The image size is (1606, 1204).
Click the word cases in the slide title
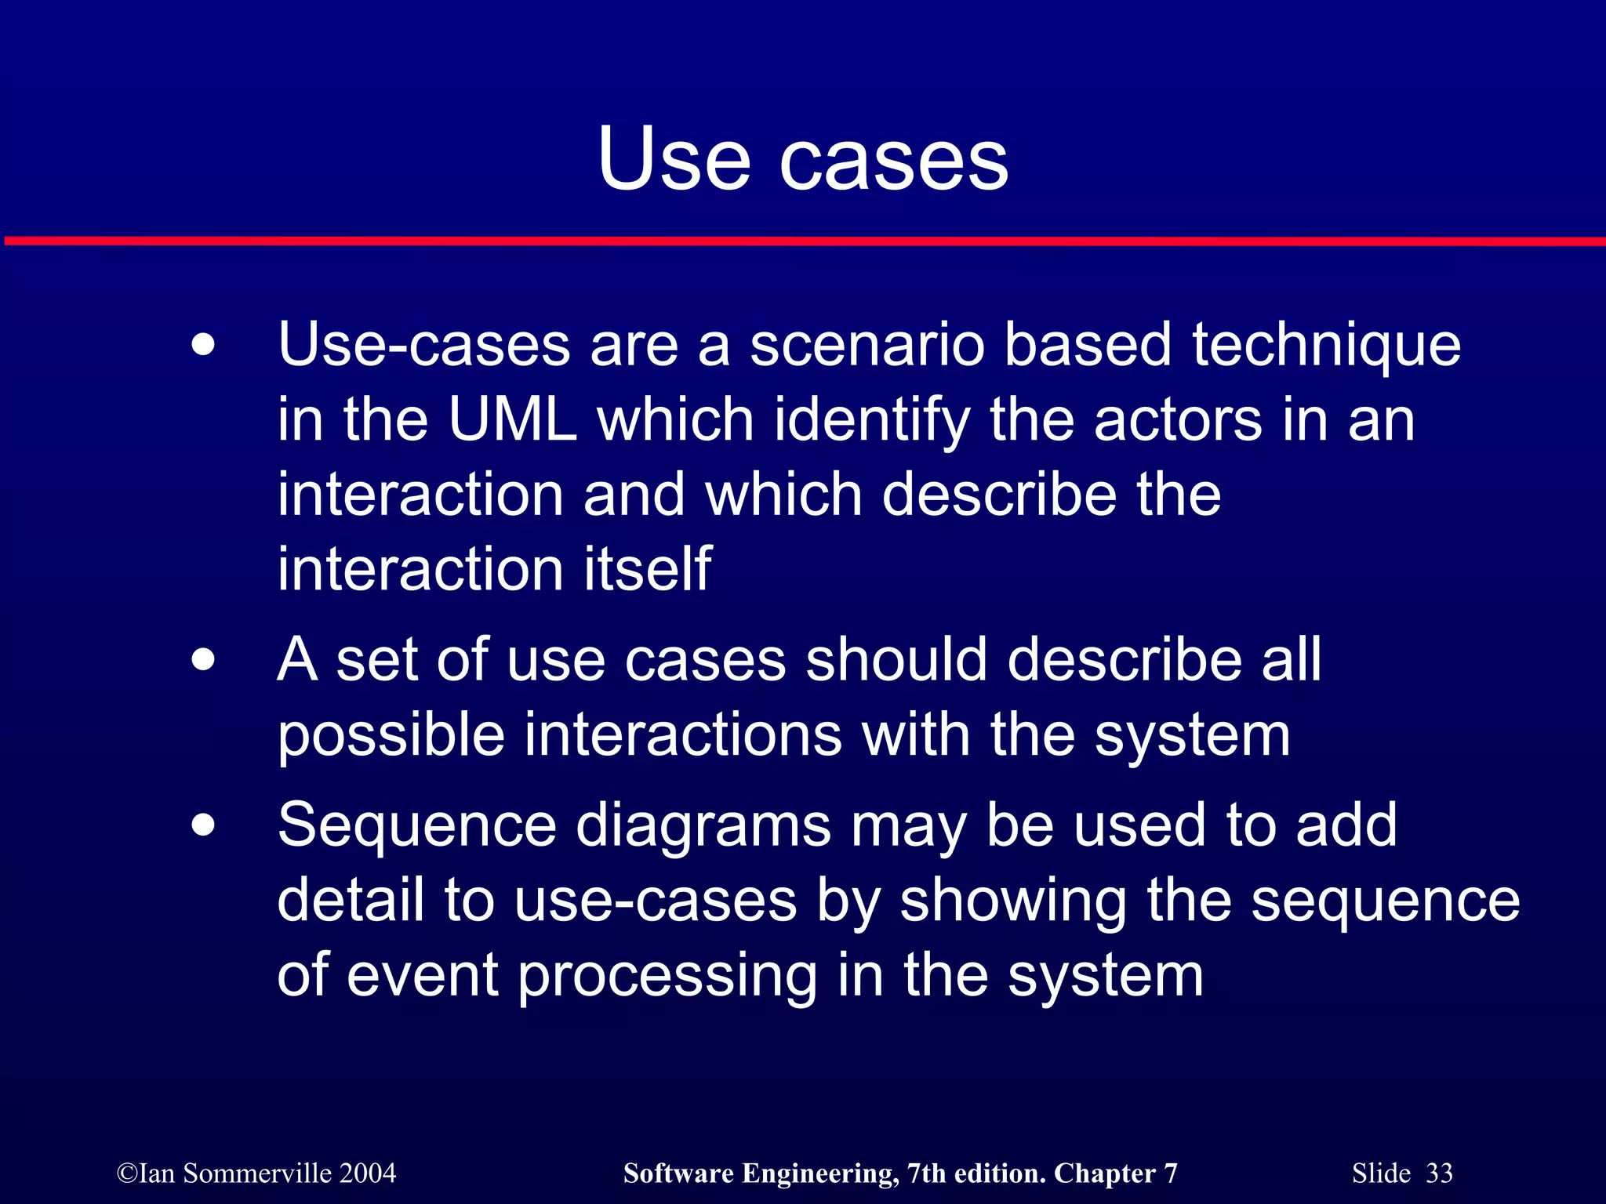(x=893, y=161)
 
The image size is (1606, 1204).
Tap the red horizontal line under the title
(x=803, y=241)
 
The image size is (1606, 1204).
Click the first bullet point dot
(x=203, y=345)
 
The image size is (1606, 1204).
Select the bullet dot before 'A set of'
(x=203, y=660)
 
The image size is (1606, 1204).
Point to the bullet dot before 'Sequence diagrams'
(x=203, y=825)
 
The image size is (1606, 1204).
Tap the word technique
(x=1326, y=346)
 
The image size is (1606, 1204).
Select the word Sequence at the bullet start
(x=416, y=826)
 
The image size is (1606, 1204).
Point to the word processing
(x=667, y=977)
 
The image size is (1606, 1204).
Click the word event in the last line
(x=423, y=976)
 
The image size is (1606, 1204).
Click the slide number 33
(x=1439, y=1173)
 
